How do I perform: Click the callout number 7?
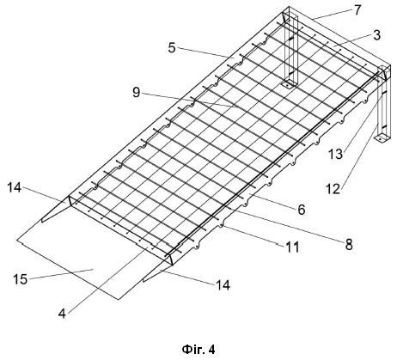357,10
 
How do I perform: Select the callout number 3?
377,35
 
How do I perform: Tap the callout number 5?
172,48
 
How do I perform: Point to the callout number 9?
137,92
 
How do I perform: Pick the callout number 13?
335,154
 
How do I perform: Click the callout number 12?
333,189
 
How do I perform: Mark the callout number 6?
302,210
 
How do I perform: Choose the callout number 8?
349,245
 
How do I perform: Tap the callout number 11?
292,247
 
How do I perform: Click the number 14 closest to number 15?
15,187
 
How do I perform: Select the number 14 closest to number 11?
223,285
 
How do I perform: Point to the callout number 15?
21,279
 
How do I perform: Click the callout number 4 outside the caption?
62,314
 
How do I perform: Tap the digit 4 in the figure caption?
211,349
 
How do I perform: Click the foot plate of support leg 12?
382,138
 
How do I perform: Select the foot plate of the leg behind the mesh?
289,85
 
